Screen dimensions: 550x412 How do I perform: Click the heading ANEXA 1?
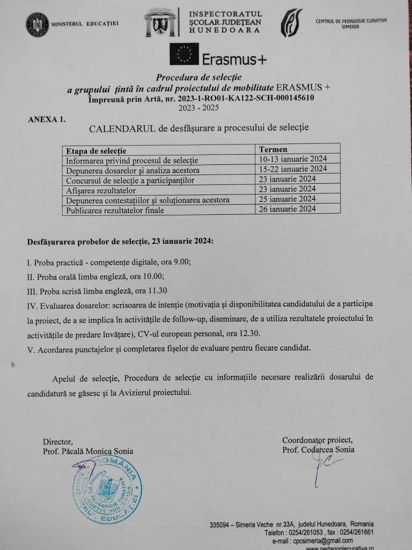pos(46,119)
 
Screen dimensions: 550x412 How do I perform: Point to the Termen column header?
pos(273,149)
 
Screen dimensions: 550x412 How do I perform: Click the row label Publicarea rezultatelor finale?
pos(114,210)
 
